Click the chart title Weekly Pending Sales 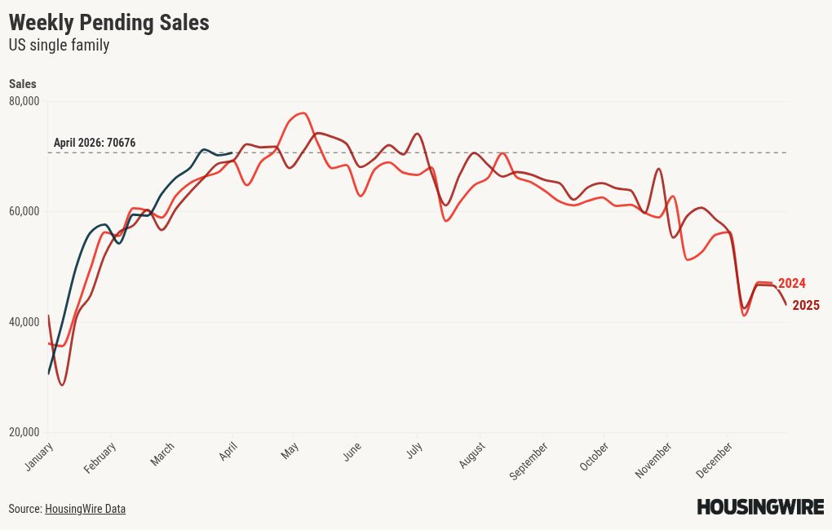point(108,23)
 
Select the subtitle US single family point(59,46)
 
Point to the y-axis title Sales point(22,84)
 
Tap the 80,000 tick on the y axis point(24,101)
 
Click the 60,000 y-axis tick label point(24,211)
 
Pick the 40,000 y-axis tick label point(24,322)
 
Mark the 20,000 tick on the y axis point(24,432)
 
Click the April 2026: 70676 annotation point(95,143)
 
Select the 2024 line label point(791,284)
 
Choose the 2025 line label point(805,306)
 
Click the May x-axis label point(290,451)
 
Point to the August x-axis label point(472,456)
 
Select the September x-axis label point(529,461)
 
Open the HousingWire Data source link point(85,509)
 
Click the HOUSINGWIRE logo point(759,507)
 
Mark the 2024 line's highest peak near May point(303,113)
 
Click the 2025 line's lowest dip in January point(62,385)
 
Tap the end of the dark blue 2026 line point(232,152)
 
